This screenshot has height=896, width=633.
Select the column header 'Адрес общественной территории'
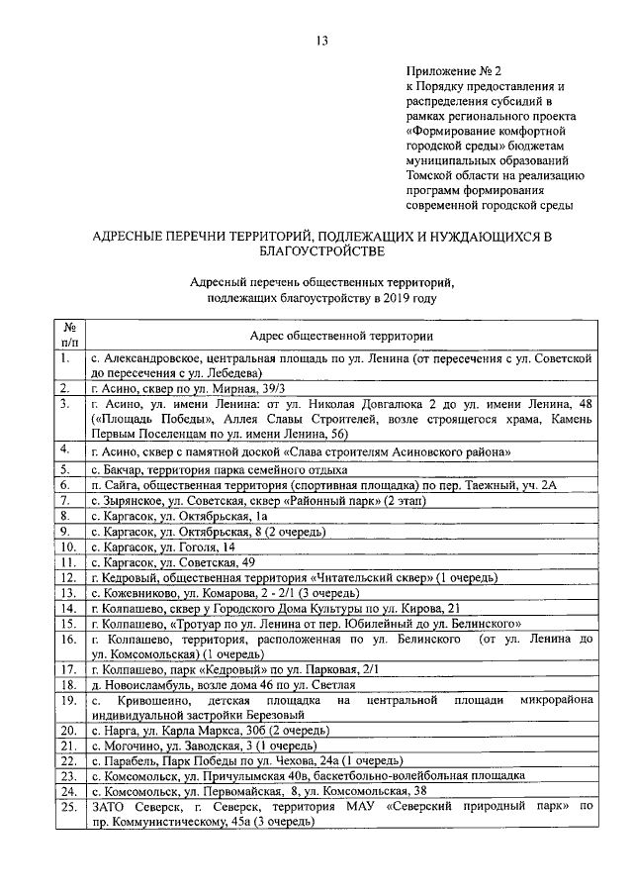click(342, 338)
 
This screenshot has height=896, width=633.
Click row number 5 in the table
click(64, 469)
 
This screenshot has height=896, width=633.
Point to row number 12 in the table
click(67, 577)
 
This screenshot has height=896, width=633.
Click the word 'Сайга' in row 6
click(118, 485)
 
